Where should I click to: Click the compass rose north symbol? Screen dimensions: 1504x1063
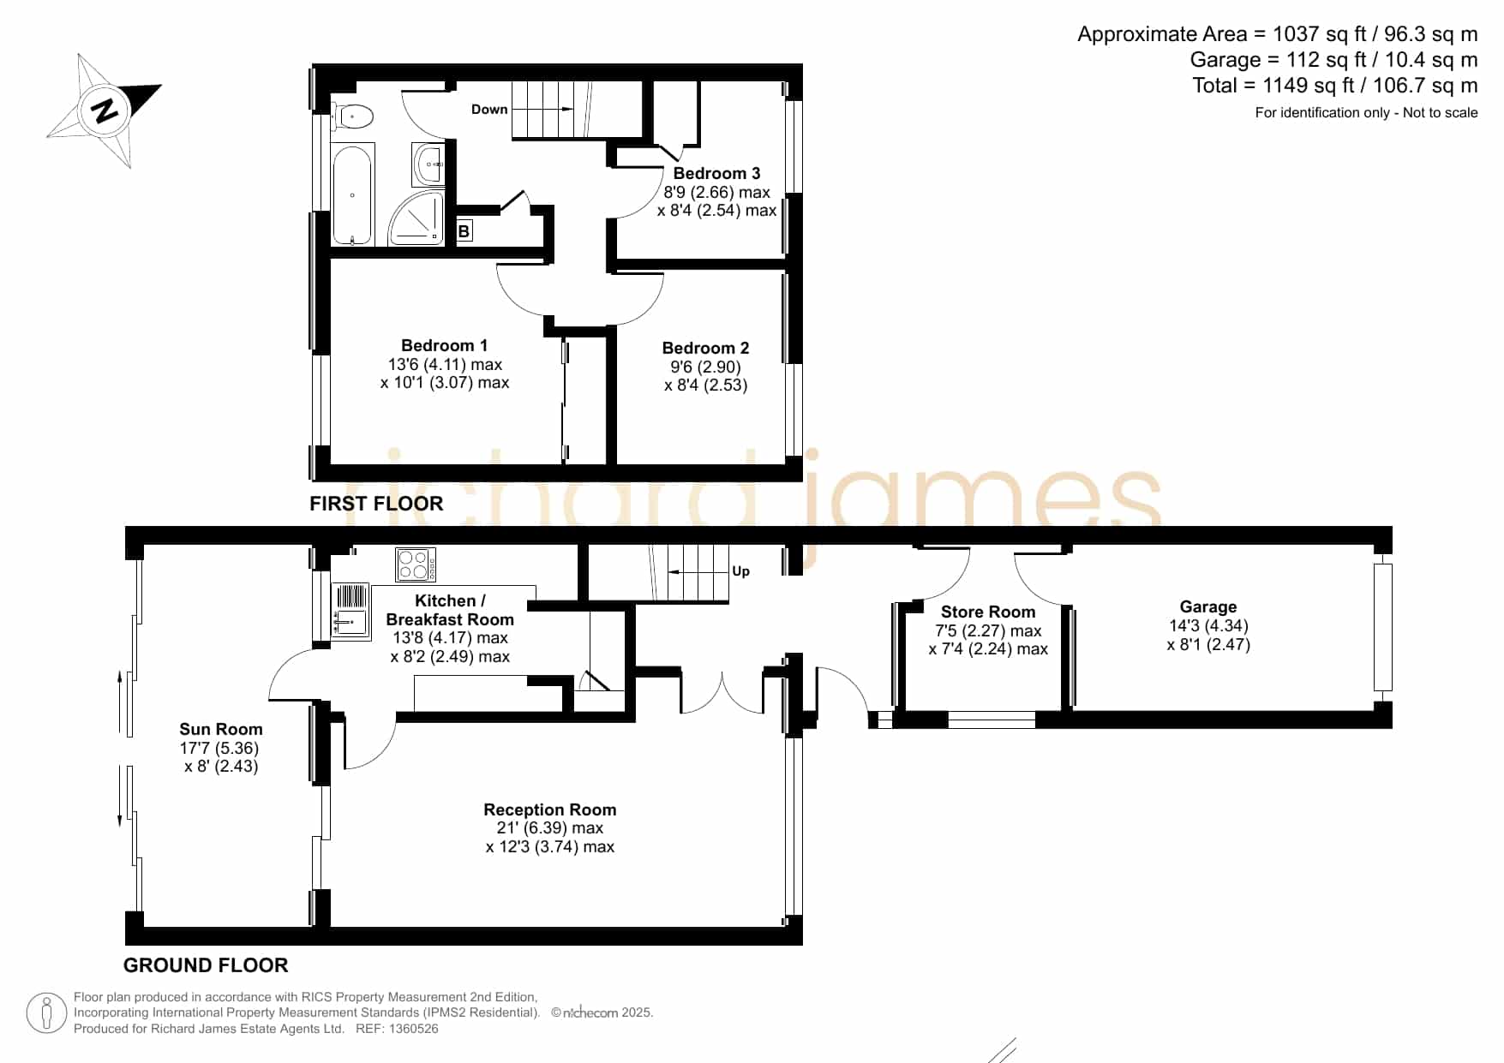click(x=105, y=110)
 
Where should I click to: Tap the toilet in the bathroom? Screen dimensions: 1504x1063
click(x=352, y=116)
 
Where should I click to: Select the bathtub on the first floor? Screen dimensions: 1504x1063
click(x=352, y=195)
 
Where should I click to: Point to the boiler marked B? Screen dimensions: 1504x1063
click(x=464, y=230)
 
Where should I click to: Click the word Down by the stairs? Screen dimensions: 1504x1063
click(x=489, y=110)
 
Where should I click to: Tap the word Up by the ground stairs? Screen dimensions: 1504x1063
click(x=740, y=571)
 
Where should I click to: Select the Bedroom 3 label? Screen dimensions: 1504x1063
click(x=716, y=174)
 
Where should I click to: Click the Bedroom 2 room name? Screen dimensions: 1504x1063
click(x=705, y=348)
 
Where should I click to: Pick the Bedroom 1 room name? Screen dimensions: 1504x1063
click(x=444, y=345)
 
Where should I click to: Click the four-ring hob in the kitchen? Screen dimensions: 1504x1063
click(x=416, y=564)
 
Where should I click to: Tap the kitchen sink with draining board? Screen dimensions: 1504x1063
click(x=351, y=611)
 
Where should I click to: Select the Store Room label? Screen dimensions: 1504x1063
click(x=988, y=612)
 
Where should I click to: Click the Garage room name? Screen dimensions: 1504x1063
click(x=1208, y=606)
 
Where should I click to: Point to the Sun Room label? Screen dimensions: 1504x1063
click(x=221, y=729)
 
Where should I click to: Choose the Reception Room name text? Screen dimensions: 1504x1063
click(x=550, y=809)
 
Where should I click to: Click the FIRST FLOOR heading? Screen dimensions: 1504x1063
click(x=376, y=504)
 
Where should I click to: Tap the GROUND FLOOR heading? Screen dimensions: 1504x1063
click(x=206, y=965)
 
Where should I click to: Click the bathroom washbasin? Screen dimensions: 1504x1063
click(x=428, y=164)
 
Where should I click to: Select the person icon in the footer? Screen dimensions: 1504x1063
click(x=46, y=1013)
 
